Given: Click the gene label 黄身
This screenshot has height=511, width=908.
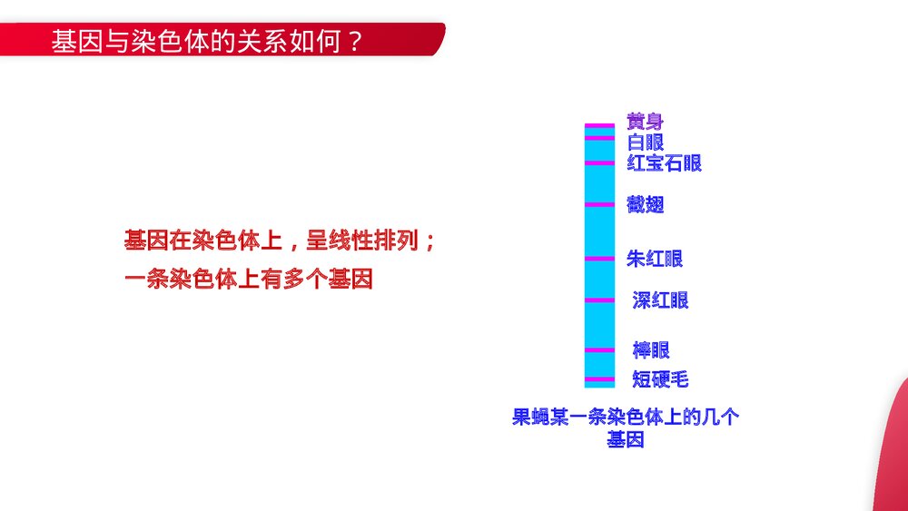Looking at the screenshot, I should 645,121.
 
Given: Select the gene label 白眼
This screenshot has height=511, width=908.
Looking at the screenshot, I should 645,142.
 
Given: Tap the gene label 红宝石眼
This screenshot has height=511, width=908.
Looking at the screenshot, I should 664,163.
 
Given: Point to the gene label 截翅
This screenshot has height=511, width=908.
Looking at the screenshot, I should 645,205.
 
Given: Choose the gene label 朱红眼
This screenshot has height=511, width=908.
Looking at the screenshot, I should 654,260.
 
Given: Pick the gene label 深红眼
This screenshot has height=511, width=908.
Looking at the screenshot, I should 660,300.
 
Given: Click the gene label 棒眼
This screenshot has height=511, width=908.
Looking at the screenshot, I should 651,350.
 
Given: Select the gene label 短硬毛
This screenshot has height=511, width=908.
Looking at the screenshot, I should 660,379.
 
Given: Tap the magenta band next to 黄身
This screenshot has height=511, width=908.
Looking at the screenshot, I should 599,125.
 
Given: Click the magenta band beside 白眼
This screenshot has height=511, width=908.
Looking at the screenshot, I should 599,139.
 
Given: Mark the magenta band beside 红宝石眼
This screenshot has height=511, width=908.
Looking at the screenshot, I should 599,163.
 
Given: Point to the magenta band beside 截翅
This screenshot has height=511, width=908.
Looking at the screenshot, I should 599,205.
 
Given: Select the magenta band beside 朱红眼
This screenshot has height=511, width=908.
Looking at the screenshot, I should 599,260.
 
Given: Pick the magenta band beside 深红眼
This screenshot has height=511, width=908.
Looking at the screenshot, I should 599,300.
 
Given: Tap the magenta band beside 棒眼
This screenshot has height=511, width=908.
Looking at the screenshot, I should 599,350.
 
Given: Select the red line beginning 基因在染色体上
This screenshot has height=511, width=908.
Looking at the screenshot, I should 281,241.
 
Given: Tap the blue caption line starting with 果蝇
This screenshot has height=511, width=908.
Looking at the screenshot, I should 626,418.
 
